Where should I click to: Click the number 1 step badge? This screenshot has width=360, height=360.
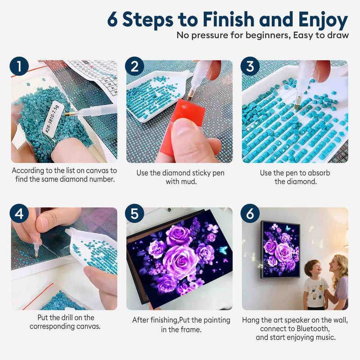pyautogui.click(x=19, y=66)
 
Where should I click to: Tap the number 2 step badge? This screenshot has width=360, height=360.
pyautogui.click(x=135, y=66)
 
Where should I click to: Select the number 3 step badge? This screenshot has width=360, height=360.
pyautogui.click(x=250, y=66)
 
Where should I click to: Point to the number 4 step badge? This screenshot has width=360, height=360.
pyautogui.click(x=19, y=213)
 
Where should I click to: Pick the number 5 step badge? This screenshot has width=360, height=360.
pyautogui.click(x=135, y=213)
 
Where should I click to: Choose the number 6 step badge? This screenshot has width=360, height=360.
pyautogui.click(x=250, y=213)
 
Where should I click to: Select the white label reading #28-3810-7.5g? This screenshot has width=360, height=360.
pyautogui.click(x=51, y=119)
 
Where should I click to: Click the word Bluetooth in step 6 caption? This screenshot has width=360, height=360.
pyautogui.click(x=313, y=328)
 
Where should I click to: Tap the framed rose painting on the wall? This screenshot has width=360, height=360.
pyautogui.click(x=280, y=249)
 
